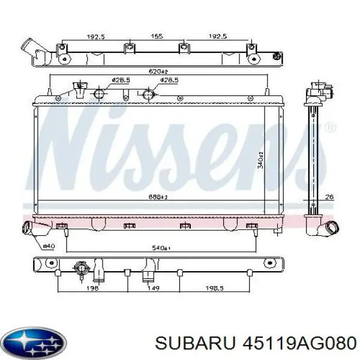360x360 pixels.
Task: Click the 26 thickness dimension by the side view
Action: (329, 197)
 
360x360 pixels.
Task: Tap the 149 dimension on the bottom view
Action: (153, 288)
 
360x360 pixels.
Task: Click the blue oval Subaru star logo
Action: (34, 341)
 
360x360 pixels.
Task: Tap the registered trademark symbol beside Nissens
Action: (329, 128)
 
